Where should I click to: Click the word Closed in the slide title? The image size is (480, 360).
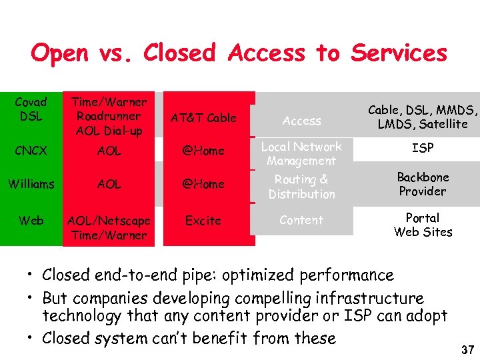click(x=180, y=53)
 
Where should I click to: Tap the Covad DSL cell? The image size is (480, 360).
click(x=31, y=109)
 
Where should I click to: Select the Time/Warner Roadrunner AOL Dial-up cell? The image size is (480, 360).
click(x=109, y=116)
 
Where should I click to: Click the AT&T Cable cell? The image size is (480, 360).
click(x=203, y=117)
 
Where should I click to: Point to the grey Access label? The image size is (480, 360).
click(x=301, y=121)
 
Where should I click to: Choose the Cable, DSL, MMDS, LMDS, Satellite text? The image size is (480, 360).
click(x=423, y=117)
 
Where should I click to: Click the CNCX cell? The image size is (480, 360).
click(x=31, y=151)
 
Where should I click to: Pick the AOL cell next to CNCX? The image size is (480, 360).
click(x=109, y=151)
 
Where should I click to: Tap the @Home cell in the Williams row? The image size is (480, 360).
click(x=203, y=183)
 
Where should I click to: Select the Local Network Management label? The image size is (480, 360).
click(x=301, y=153)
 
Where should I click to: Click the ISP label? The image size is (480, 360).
click(x=423, y=148)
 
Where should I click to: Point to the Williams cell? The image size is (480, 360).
click(x=31, y=183)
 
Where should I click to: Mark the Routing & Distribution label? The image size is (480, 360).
click(x=301, y=187)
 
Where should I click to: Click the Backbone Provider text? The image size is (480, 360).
click(x=423, y=184)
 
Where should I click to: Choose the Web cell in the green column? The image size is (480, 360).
click(x=31, y=221)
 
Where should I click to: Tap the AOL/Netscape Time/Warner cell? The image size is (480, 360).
click(x=109, y=227)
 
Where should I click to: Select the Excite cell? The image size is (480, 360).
click(x=203, y=220)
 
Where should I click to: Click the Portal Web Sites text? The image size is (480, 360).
click(x=423, y=225)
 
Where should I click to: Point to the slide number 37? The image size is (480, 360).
click(x=467, y=350)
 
